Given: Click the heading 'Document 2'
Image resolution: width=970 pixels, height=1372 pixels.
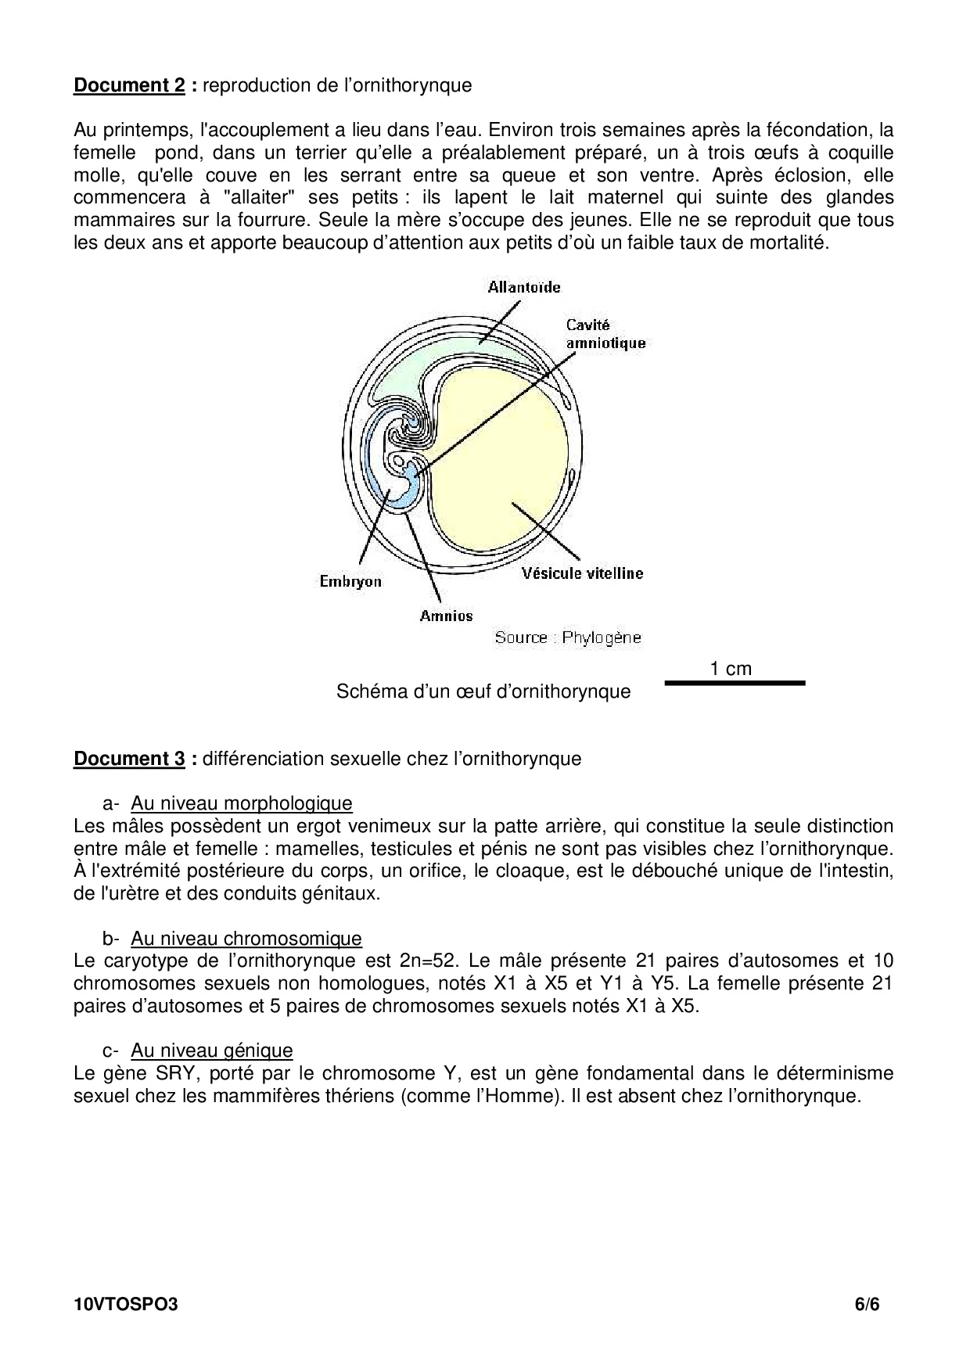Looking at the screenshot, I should [129, 85].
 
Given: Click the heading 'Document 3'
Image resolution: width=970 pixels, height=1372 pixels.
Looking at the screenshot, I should [129, 759].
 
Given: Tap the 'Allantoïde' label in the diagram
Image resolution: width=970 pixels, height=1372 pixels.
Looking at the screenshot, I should [524, 287].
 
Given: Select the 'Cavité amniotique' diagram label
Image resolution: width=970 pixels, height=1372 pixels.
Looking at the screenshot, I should [605, 334].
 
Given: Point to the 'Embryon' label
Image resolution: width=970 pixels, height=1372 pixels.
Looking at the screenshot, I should [350, 581].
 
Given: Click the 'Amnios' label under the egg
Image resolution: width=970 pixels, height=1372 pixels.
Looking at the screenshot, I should [446, 616].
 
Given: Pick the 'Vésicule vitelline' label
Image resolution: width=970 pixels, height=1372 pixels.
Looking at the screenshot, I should [583, 573].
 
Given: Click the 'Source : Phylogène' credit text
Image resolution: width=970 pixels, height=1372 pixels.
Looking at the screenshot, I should [567, 638].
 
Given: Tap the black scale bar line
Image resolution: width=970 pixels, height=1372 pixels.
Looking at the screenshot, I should [735, 683].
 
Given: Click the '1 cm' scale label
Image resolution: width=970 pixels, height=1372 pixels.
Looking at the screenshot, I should [731, 669].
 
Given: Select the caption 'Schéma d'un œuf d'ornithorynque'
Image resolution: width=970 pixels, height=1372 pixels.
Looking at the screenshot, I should [483, 691].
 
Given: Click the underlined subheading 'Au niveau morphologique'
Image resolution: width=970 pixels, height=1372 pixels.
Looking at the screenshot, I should [241, 803].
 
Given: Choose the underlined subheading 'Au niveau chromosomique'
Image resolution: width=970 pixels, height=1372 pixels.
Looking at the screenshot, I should [246, 939].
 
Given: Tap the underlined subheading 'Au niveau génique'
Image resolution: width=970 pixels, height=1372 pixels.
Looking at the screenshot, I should [211, 1051].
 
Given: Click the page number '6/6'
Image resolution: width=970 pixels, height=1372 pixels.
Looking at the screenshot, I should [867, 1304].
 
